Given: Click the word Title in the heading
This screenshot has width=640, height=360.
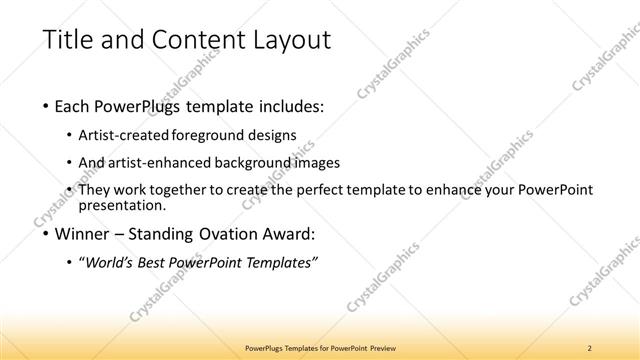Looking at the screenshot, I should (67, 41).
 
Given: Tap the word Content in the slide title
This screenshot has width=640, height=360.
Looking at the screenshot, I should (187, 41).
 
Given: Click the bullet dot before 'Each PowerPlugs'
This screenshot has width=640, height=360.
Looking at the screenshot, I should (47, 107).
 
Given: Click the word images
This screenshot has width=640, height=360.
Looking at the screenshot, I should (320, 162).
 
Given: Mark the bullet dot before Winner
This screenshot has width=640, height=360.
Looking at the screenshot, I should (47, 236).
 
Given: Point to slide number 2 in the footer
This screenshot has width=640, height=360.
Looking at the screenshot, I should (590, 347).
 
